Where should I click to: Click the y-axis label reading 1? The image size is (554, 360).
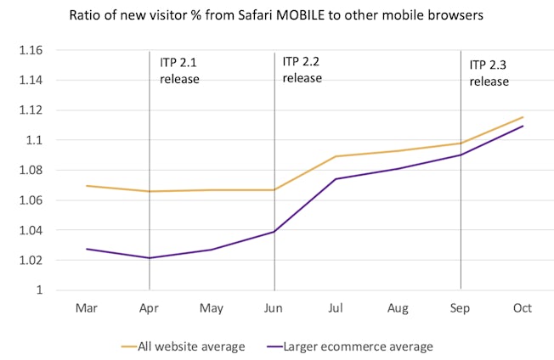tap(40, 290)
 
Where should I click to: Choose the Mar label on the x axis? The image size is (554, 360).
tap(87, 308)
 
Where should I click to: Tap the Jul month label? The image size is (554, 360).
tap(336, 308)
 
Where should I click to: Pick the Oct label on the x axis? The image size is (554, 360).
tap(522, 308)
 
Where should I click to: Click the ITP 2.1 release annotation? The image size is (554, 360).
tap(179, 70)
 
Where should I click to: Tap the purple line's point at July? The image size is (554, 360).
tap(336, 178)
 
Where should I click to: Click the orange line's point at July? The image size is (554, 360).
tap(336, 156)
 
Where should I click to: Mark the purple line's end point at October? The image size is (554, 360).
tap(523, 126)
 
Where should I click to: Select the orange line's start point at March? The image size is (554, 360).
tap(87, 185)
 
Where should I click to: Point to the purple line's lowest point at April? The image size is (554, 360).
tap(150, 258)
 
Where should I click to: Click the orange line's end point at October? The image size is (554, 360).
tap(523, 117)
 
